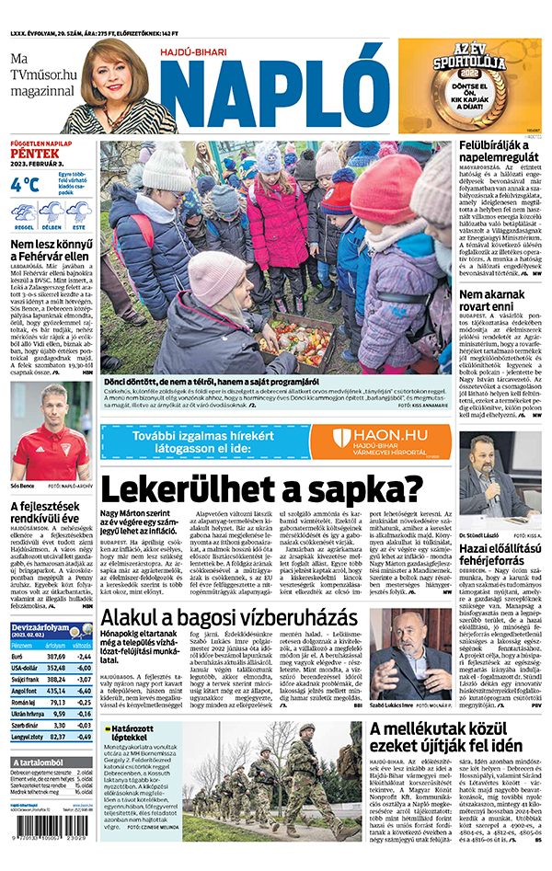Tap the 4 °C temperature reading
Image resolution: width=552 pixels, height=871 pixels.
coord(26,184)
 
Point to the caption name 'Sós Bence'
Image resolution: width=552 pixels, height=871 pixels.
coord(24,482)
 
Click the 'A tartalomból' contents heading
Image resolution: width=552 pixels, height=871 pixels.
coord(41,762)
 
